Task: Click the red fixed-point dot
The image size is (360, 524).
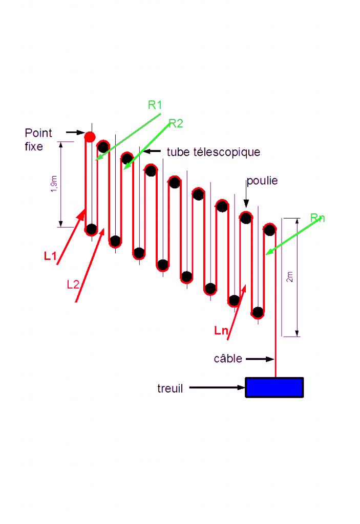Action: coord(90,137)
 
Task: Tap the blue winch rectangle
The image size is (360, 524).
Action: coord(274,387)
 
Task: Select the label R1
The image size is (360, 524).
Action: coord(155,105)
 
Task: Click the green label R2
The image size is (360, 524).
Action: coord(176,123)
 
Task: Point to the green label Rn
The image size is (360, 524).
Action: coord(317,219)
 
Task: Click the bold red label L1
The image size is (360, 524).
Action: coord(50,257)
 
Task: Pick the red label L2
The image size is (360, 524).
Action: coord(73,285)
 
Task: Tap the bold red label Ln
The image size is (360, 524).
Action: coord(221,331)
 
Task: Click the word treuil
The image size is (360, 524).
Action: coord(170,388)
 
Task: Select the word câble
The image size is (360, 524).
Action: coord(228,359)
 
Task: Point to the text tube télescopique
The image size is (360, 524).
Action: coord(214,152)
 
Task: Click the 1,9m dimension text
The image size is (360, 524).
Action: coord(54,183)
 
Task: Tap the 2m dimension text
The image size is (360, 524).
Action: coord(290,277)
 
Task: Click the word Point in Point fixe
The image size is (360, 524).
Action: coord(38,134)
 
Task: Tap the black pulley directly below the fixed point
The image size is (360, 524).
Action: coord(91,229)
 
